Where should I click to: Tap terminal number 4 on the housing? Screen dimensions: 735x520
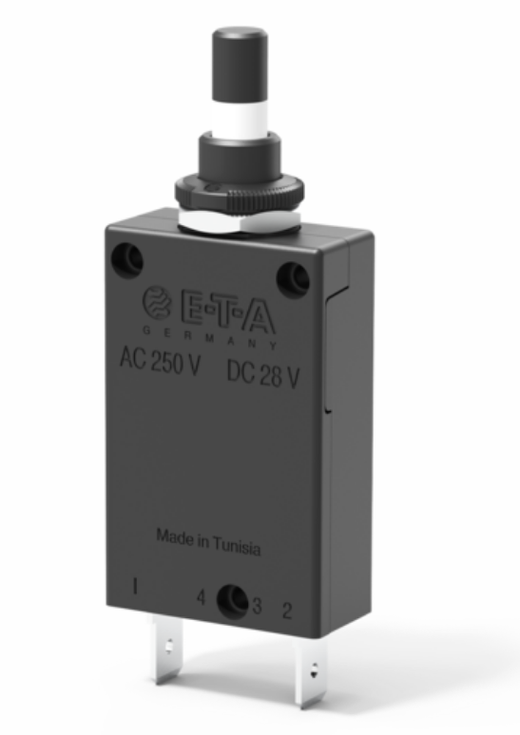point(201,598)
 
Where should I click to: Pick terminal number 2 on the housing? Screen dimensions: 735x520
point(286,610)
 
